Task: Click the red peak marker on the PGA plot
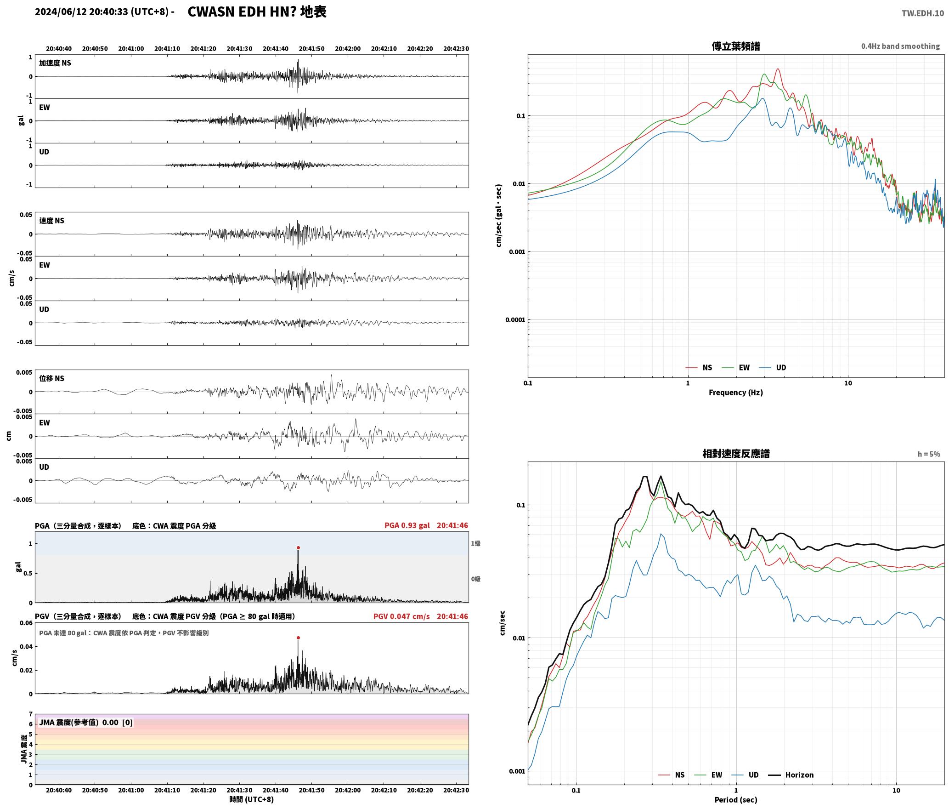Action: pyautogui.click(x=298, y=548)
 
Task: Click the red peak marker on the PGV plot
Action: pyautogui.click(x=298, y=638)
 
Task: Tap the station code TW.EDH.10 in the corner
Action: pyautogui.click(x=922, y=13)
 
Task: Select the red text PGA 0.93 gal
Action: pyautogui.click(x=407, y=525)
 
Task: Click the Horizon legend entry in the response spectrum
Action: pyautogui.click(x=791, y=775)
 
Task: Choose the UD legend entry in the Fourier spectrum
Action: pyautogui.click(x=773, y=368)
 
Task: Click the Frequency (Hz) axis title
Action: pyautogui.click(x=736, y=393)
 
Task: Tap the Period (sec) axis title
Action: pyautogui.click(x=736, y=800)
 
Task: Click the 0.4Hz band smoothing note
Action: pyautogui.click(x=900, y=46)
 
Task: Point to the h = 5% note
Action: pyautogui.click(x=929, y=454)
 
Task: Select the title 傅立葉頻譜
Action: pyautogui.click(x=736, y=46)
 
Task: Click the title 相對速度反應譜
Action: pyautogui.click(x=736, y=454)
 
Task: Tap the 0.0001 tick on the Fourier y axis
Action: pyautogui.click(x=515, y=320)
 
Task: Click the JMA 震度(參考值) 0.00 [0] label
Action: pyautogui.click(x=86, y=723)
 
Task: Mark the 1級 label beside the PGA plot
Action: pyautogui.click(x=475, y=544)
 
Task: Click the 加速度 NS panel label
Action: pyautogui.click(x=55, y=63)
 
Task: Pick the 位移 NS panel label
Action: pyautogui.click(x=51, y=379)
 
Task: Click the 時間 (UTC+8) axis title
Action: pyautogui.click(x=252, y=800)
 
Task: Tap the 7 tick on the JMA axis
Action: pyautogui.click(x=31, y=714)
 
